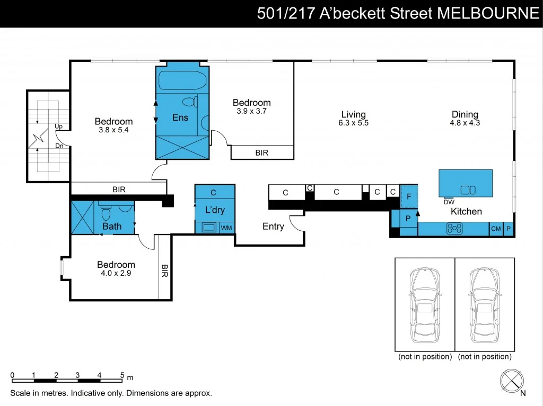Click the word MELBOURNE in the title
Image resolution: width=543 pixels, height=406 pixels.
click(x=487, y=13)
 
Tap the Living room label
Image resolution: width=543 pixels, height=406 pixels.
click(x=353, y=114)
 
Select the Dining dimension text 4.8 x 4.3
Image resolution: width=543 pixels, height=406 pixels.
click(x=465, y=123)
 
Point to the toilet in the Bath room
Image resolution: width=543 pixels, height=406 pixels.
click(x=106, y=213)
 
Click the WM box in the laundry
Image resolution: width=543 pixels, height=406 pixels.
click(x=226, y=228)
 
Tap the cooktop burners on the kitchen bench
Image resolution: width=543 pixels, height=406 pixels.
click(x=455, y=229)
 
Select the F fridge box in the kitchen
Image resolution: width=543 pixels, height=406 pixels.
click(x=408, y=197)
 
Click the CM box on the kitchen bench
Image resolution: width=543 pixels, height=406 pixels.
click(x=496, y=229)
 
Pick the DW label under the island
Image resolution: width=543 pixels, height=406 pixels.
click(x=448, y=202)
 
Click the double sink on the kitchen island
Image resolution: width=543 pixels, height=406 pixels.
click(x=468, y=190)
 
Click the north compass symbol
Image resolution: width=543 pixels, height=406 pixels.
click(x=512, y=380)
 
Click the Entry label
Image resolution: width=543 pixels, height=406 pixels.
click(x=273, y=227)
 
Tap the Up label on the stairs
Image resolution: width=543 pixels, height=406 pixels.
click(x=59, y=127)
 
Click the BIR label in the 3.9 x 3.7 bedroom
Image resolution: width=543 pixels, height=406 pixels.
click(x=262, y=152)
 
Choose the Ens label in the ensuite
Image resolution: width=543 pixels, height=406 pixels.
click(x=180, y=118)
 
